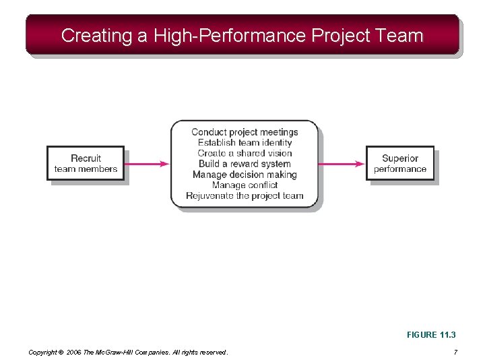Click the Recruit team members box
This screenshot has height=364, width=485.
pyautogui.click(x=86, y=163)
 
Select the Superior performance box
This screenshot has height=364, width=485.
pyautogui.click(x=400, y=163)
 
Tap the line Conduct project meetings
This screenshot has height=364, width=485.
pyautogui.click(x=245, y=132)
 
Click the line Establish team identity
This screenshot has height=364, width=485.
pyautogui.click(x=245, y=142)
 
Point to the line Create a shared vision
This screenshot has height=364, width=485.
pyautogui.click(x=245, y=153)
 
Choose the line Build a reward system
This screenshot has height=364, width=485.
pyautogui.click(x=245, y=164)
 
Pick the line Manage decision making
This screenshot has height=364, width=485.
pyautogui.click(x=245, y=175)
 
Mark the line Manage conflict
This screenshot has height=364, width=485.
pyautogui.click(x=245, y=185)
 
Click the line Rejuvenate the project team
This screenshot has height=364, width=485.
pyautogui.click(x=245, y=195)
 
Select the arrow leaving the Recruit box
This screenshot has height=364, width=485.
pyautogui.click(x=148, y=163)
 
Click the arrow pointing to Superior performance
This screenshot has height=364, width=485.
pyautogui.click(x=342, y=163)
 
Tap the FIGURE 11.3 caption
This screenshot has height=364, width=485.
pyautogui.click(x=431, y=335)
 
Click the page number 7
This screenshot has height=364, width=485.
pyautogui.click(x=455, y=352)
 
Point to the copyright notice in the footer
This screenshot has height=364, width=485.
pyautogui.click(x=128, y=352)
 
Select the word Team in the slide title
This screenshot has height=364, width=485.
pyautogui.click(x=401, y=36)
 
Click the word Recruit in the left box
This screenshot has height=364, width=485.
pyautogui.click(x=86, y=158)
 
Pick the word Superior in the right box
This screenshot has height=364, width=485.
pyautogui.click(x=400, y=158)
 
